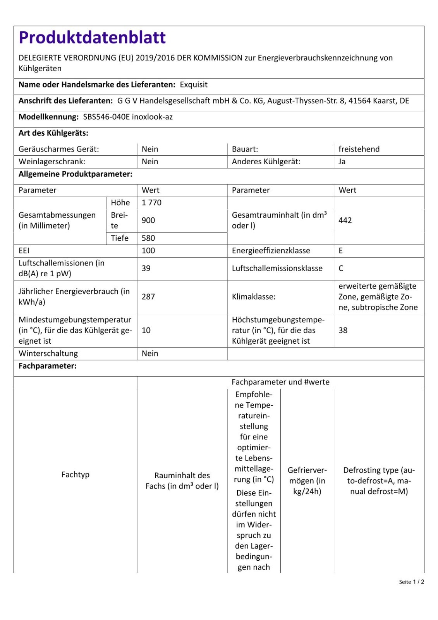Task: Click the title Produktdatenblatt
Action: point(92,38)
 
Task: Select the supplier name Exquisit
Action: point(194,85)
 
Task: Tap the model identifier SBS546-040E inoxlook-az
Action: point(128,117)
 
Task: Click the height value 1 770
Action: point(151,203)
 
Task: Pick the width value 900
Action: point(148,220)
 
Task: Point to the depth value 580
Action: point(148,238)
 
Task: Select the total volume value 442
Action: point(345,220)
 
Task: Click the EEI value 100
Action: point(148,251)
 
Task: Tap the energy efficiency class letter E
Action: point(341,251)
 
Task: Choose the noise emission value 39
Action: point(146,269)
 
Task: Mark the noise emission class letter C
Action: point(341,269)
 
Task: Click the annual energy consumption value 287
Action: point(148,297)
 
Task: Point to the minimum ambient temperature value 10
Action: point(146,331)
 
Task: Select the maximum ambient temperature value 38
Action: point(343,331)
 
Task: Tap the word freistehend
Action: point(359,149)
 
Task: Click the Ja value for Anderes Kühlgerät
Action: point(342,162)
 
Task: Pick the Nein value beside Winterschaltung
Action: point(150,353)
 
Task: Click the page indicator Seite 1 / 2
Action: point(412,582)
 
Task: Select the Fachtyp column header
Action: point(75,475)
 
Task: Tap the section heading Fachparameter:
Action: point(48,366)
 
